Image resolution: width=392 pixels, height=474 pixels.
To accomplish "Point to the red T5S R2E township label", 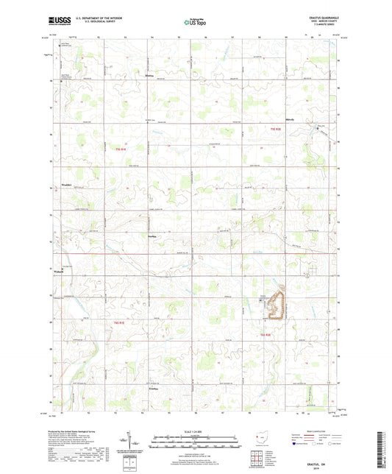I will pos(276,129).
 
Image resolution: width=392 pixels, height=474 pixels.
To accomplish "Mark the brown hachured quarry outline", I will pos(277,305).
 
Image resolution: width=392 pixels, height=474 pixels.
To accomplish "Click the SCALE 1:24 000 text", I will pos(195,431).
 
